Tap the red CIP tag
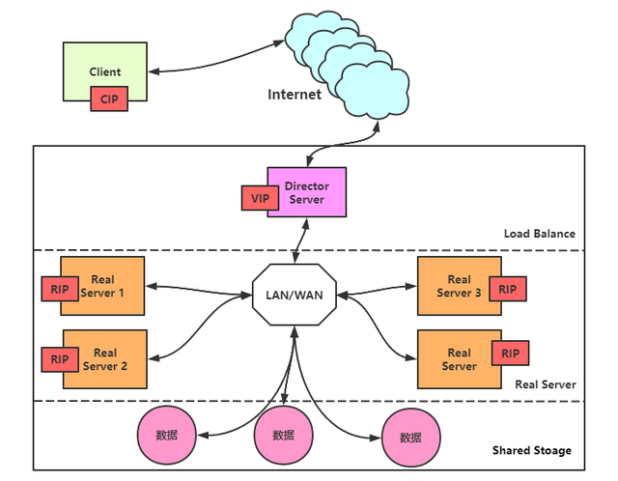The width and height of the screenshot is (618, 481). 109,99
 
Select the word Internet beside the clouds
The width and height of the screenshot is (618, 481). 295,95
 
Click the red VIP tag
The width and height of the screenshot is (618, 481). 260,198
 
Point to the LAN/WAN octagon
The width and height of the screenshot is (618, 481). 295,295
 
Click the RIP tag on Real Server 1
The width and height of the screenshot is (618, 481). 60,289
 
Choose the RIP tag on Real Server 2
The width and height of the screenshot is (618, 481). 60,359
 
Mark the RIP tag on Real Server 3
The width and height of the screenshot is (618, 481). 508,289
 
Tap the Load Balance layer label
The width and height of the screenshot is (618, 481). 540,234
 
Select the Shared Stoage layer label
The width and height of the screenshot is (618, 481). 532,450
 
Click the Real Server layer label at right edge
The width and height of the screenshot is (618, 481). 546,384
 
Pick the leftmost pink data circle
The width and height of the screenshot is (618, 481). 167,436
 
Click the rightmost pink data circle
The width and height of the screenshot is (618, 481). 411,438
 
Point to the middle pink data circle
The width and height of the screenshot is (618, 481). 283,436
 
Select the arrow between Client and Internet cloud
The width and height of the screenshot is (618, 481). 216,63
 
